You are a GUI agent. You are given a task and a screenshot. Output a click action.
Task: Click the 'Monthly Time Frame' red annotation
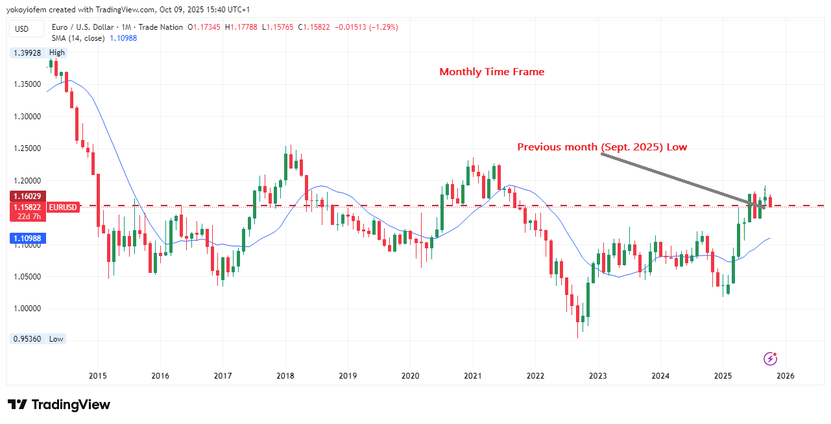tap(492, 72)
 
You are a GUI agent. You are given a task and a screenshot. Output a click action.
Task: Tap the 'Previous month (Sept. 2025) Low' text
tap(601, 147)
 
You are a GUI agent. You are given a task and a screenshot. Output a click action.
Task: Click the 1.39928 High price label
tap(27, 53)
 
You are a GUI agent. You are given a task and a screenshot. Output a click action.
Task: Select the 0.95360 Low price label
tap(27, 339)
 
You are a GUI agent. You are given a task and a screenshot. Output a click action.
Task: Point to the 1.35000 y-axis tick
tap(27, 84)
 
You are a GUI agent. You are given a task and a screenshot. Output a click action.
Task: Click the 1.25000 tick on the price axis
tap(27, 148)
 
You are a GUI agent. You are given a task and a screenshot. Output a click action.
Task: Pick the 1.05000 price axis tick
tap(27, 277)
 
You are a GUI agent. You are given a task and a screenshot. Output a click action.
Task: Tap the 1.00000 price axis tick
tap(27, 309)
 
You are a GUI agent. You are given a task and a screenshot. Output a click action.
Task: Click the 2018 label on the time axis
tap(285, 375)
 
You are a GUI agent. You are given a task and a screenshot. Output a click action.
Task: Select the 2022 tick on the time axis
tap(535, 375)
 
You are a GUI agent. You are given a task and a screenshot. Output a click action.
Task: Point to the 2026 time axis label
tap(786, 375)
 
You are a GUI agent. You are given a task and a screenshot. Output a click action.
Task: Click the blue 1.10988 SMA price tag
tap(27, 239)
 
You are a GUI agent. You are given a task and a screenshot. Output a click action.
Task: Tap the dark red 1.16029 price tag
tap(27, 196)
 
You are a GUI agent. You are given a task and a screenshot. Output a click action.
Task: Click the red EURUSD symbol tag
tap(63, 207)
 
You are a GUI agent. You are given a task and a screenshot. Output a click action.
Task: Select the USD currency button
tap(22, 29)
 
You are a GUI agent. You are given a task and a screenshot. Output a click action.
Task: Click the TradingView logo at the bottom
tap(59, 405)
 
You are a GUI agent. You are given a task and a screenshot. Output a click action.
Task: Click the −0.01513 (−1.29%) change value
tap(367, 27)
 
